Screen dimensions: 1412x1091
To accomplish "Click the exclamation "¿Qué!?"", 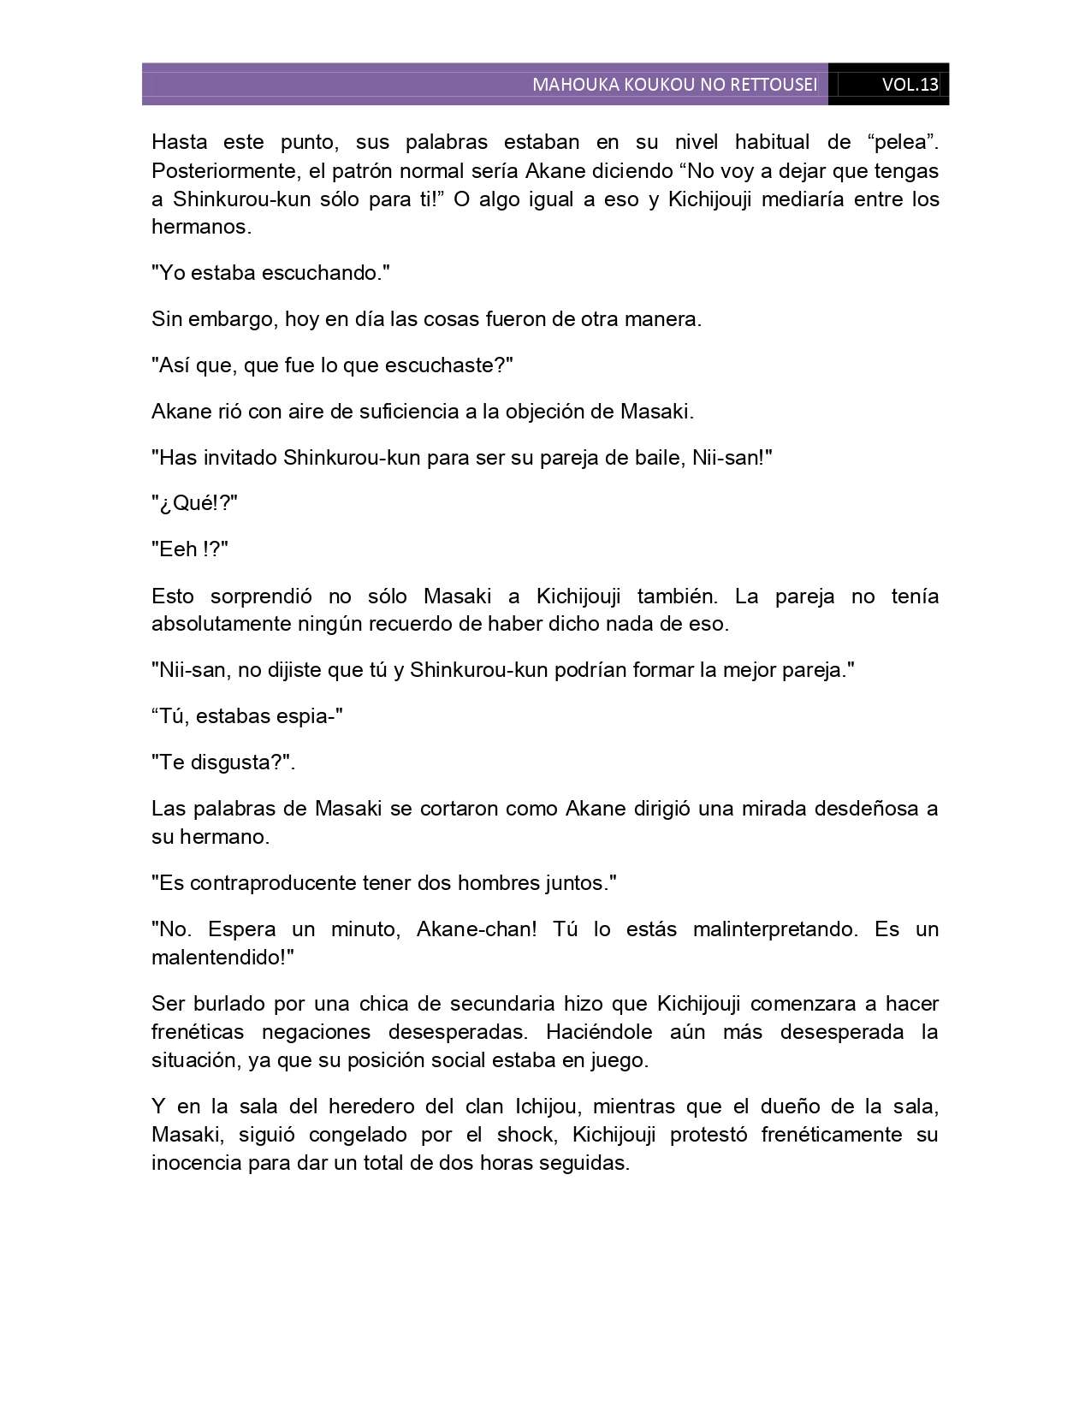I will [194, 503].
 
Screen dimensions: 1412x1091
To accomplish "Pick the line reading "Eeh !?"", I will [190, 549].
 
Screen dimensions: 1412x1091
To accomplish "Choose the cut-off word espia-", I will [306, 716].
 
